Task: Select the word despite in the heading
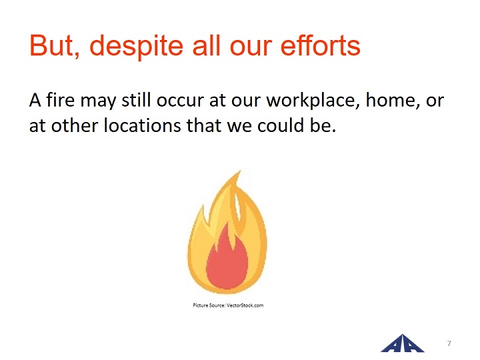point(136,47)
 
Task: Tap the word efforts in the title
point(320,45)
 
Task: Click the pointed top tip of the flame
point(240,171)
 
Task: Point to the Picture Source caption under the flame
point(228,305)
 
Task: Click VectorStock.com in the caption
point(245,305)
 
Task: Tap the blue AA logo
point(403,344)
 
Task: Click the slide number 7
point(449,343)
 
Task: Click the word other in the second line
point(75,125)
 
